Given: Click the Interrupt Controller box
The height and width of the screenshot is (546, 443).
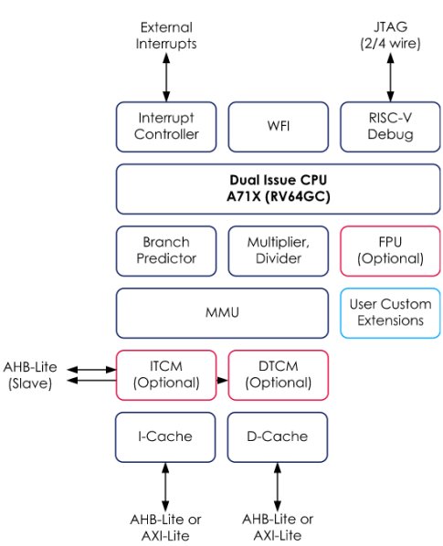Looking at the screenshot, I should point(166,126).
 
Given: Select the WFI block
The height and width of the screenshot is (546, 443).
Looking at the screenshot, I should point(277,126).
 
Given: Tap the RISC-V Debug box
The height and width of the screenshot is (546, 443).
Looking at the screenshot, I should point(388,126).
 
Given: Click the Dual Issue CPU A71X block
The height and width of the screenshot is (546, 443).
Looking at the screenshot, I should point(277,188).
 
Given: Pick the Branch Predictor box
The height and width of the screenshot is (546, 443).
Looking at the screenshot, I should point(166,250).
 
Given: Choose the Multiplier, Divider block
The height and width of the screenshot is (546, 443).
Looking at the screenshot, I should point(277,250).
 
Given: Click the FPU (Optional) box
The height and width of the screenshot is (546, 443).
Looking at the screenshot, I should point(388,250).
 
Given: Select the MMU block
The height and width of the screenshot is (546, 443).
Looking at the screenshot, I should point(222,311).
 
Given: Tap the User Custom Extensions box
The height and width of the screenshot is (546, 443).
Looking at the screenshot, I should point(388,311).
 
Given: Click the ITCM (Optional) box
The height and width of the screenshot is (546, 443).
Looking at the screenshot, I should point(166,373).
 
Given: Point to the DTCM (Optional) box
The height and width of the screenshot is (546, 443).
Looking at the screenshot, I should point(277,373).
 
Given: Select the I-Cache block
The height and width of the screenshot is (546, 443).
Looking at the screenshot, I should point(166,436).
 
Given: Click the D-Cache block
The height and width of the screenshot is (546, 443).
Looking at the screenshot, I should point(277,436).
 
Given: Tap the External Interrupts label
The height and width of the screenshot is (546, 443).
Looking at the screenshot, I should point(166,36).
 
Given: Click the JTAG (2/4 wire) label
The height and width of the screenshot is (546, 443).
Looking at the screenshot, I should point(388,36).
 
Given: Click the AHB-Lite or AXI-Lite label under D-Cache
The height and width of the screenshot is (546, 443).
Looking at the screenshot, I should point(277,527).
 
